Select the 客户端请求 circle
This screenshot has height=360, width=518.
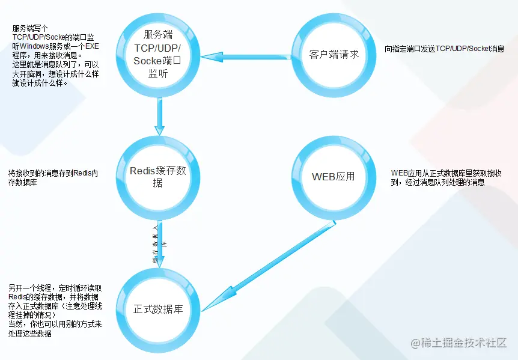point(334,54)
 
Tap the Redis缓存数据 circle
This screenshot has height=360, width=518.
point(157,177)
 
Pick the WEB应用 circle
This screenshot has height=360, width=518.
point(334,177)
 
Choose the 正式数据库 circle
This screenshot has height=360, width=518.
point(157,310)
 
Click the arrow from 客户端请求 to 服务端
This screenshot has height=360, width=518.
point(246,58)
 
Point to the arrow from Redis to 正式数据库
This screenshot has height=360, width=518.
point(159,243)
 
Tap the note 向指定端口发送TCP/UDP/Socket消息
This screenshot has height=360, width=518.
point(444,49)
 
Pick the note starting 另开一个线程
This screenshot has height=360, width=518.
point(59,310)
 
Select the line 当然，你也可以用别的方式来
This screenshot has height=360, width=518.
point(54,325)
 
